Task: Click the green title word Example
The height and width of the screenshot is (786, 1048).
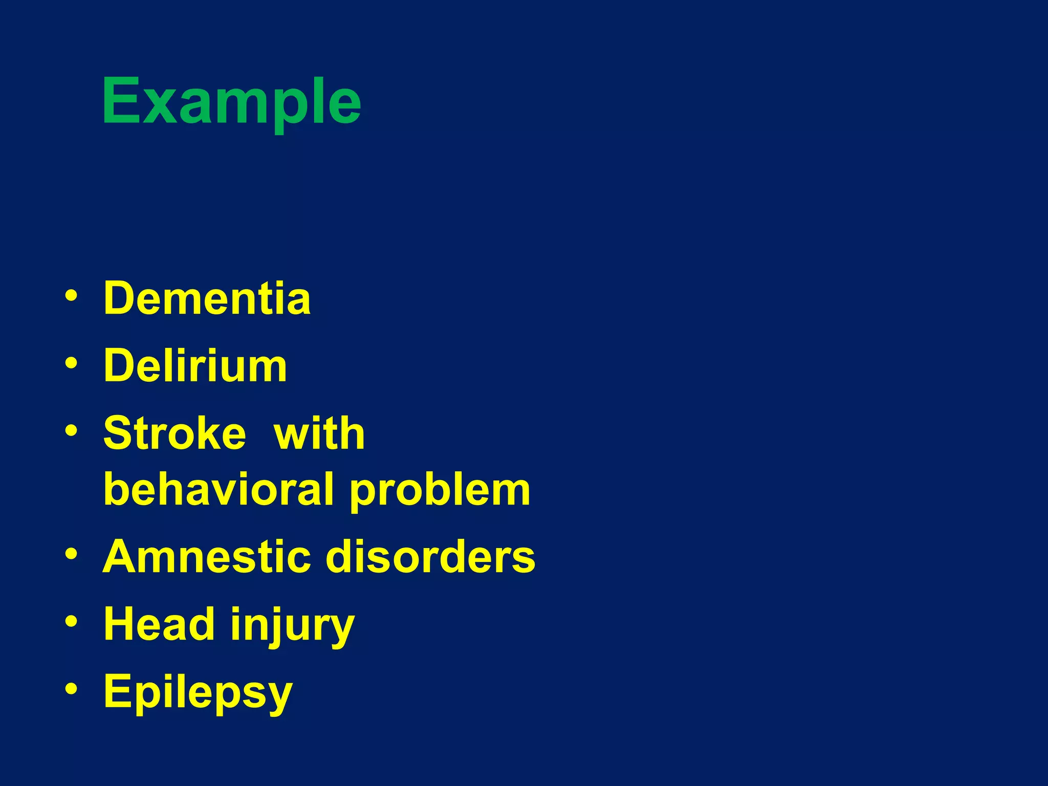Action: pyautogui.click(x=231, y=101)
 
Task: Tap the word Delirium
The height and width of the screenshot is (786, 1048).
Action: pyautogui.click(x=195, y=366)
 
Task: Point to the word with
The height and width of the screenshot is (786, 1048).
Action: pyautogui.click(x=319, y=433)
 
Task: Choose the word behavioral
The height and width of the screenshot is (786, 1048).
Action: pyautogui.click(x=219, y=490)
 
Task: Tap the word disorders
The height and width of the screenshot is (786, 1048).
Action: pyautogui.click(x=431, y=557)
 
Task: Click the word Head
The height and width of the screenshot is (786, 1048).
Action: pyautogui.click(x=159, y=624)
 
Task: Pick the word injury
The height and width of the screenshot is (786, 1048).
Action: pyautogui.click(x=292, y=625)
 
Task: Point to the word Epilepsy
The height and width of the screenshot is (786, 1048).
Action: pyautogui.click(x=198, y=692)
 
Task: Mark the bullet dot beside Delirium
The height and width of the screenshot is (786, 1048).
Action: pyautogui.click(x=72, y=363)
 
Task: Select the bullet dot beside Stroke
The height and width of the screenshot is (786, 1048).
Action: pyautogui.click(x=72, y=430)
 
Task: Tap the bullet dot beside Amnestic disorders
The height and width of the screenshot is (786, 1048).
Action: pyautogui.click(x=72, y=554)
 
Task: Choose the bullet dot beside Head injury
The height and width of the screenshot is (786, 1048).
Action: pyautogui.click(x=72, y=621)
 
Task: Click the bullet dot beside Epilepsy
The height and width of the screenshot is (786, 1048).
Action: pyautogui.click(x=72, y=689)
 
